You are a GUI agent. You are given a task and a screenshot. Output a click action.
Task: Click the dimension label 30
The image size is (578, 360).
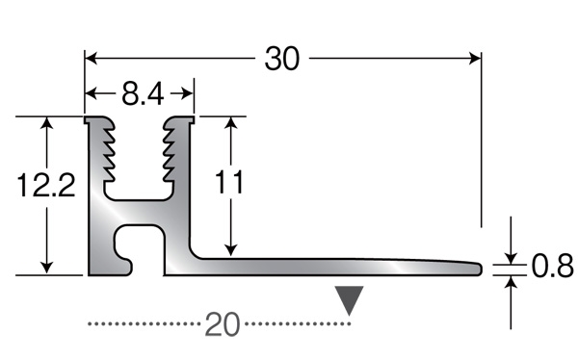(x=282, y=59)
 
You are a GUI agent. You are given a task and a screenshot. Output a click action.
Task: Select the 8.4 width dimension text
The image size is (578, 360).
(x=143, y=94)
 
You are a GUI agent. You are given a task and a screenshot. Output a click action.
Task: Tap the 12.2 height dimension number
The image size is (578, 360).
(x=46, y=185)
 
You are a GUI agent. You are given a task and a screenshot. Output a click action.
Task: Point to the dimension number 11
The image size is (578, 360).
(x=229, y=182)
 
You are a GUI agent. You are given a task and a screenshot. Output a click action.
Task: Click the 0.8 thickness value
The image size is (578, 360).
(x=552, y=266)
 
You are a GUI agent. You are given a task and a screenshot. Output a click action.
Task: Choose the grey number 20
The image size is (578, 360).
(x=223, y=324)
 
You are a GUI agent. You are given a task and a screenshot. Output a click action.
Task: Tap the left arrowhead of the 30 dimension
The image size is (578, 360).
(x=92, y=58)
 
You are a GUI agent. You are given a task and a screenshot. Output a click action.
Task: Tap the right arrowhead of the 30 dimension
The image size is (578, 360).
(x=475, y=58)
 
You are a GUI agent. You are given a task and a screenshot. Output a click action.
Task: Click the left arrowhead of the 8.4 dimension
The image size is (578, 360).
(x=92, y=94)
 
